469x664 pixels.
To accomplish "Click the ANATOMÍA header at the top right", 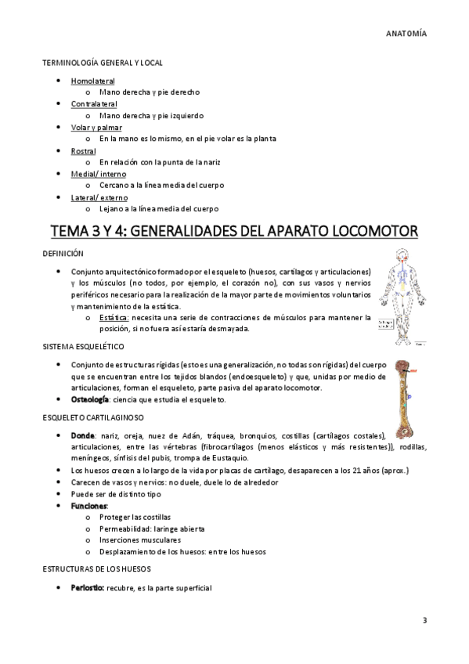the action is (406, 34).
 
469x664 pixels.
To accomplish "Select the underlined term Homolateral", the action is (92, 81).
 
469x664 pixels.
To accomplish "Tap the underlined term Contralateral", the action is (94, 103).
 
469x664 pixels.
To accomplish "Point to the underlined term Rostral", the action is (83, 150).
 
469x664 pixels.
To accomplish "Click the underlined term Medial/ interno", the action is (99, 174).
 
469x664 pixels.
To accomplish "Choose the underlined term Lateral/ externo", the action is (99, 197).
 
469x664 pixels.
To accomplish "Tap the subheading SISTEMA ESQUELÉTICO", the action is (83, 345).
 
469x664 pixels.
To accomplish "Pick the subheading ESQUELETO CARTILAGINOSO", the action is (91, 417).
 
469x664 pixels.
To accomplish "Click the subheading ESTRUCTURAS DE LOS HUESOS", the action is (97, 568).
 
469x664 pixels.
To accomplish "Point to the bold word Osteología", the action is (89, 400).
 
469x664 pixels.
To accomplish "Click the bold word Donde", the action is (82, 435).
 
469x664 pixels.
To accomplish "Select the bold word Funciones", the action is (88, 506).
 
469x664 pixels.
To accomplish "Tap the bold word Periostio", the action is (88, 587).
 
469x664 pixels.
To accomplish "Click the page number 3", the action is (424, 621).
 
